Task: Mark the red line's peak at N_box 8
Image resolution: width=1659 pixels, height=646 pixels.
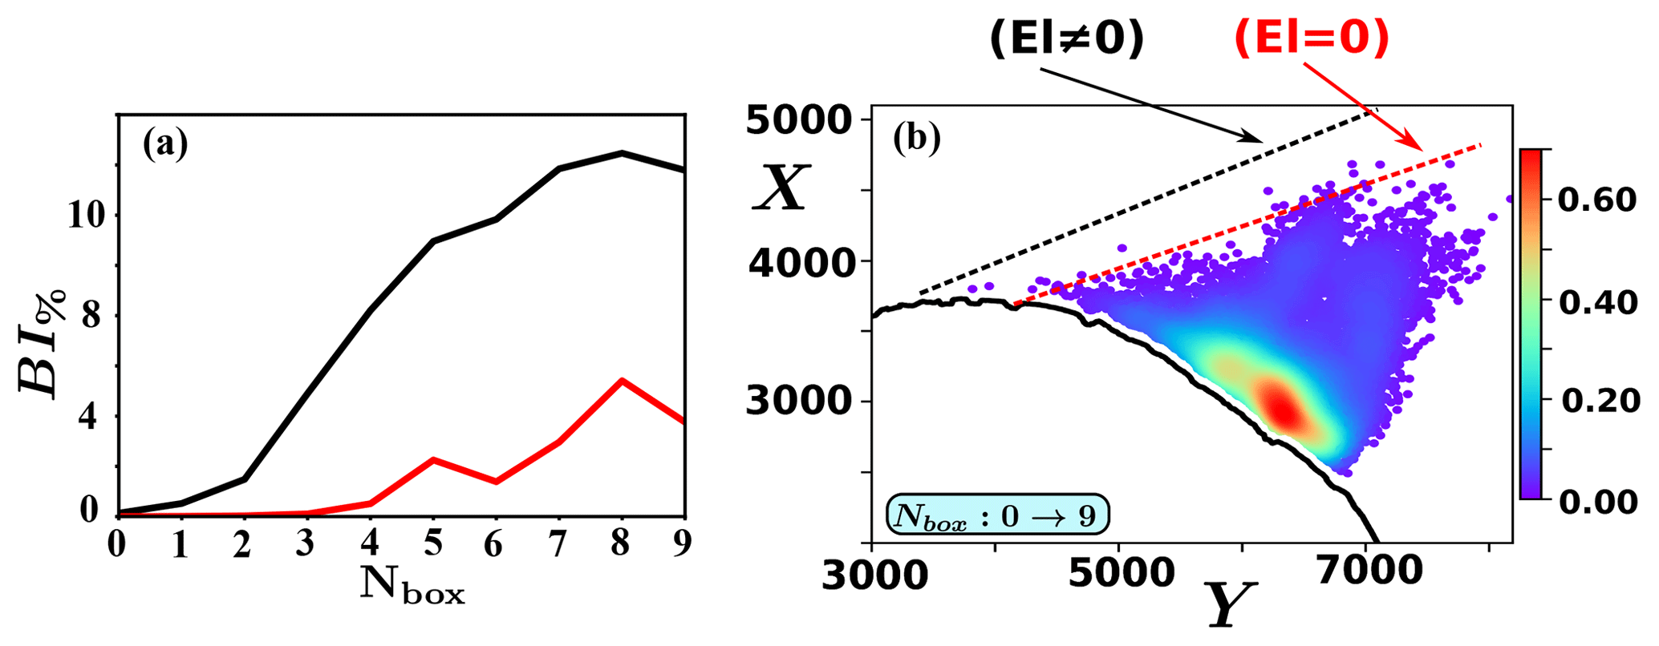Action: tap(622, 380)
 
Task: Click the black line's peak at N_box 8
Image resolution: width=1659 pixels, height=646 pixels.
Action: tap(622, 152)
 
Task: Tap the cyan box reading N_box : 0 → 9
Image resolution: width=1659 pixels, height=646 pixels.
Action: tap(998, 515)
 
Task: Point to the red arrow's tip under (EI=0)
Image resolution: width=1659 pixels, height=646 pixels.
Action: tap(1421, 149)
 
